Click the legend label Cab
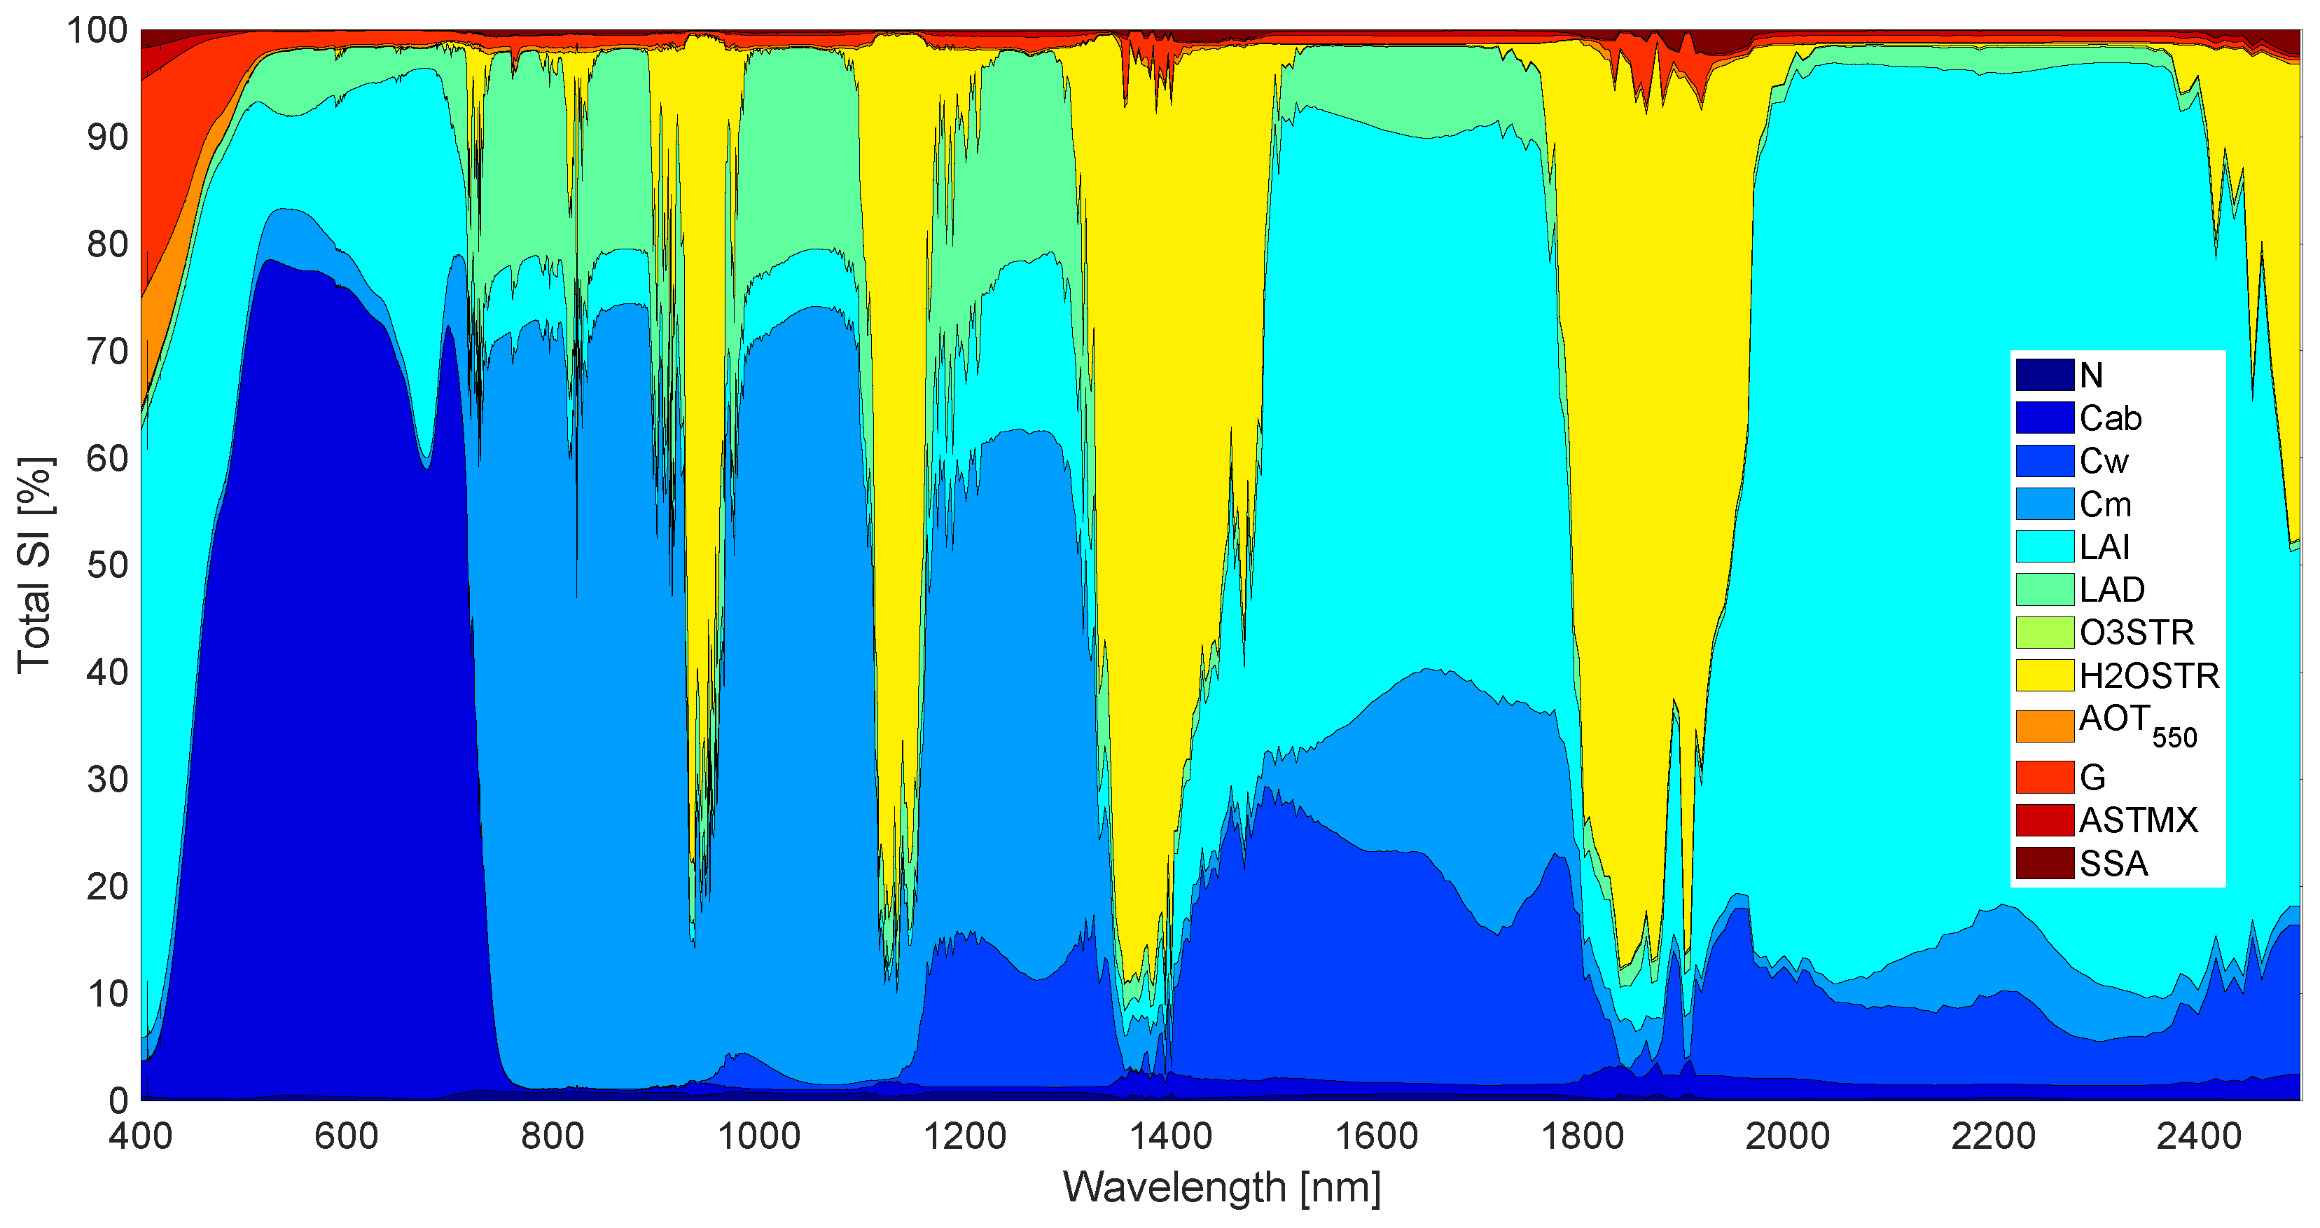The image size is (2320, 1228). point(2110,418)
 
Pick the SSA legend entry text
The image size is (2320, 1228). point(2113,864)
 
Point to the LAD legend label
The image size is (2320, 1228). point(2112,590)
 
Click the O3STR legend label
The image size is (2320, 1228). point(2137,633)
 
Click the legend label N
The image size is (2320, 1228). point(2091,375)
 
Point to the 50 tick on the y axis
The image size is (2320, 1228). point(107,566)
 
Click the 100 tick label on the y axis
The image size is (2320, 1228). point(97,31)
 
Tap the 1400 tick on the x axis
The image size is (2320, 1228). point(1171,1136)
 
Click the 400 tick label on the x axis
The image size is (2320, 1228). point(141,1136)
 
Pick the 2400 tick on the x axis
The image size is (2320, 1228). point(2198,1136)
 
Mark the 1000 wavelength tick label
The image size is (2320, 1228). point(758,1136)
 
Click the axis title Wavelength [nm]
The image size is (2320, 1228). point(1221,1187)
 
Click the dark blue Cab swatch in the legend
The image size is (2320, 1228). point(2044,418)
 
